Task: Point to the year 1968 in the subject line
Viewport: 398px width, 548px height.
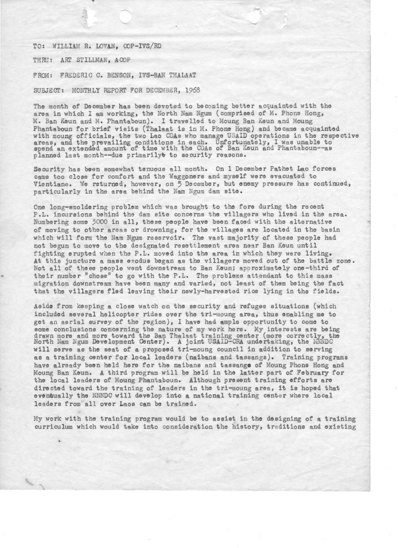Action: tap(192, 90)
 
